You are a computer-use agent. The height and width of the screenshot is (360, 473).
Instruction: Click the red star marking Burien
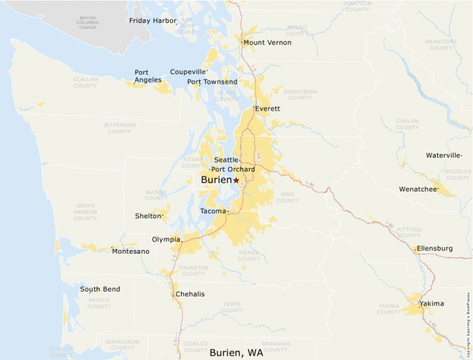(236, 180)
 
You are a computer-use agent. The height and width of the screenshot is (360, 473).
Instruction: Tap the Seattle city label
(226, 160)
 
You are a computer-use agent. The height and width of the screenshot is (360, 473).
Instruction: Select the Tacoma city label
(212, 211)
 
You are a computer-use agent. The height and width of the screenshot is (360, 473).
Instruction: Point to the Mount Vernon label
(268, 43)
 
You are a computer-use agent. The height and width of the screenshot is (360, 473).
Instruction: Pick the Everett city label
(268, 109)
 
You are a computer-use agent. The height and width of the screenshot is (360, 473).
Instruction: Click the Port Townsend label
(212, 82)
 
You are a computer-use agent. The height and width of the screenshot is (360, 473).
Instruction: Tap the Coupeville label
(188, 72)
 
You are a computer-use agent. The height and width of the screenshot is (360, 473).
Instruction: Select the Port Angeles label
(148, 76)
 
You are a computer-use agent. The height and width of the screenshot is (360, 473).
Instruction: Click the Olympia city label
(166, 240)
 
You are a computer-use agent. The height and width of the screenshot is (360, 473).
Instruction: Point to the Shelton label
(148, 216)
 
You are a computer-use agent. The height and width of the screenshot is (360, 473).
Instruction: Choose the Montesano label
(131, 252)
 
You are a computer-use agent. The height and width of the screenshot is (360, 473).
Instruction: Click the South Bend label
(100, 290)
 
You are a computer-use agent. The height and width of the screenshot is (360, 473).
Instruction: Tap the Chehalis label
(190, 294)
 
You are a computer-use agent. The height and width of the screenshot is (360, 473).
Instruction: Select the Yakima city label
(432, 304)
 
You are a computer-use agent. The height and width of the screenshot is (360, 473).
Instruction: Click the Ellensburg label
(435, 249)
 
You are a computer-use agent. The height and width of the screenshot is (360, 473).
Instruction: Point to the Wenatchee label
(418, 189)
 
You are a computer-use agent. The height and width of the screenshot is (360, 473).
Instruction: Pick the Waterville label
(443, 155)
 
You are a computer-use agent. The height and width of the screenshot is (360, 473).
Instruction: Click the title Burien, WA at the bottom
(236, 352)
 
